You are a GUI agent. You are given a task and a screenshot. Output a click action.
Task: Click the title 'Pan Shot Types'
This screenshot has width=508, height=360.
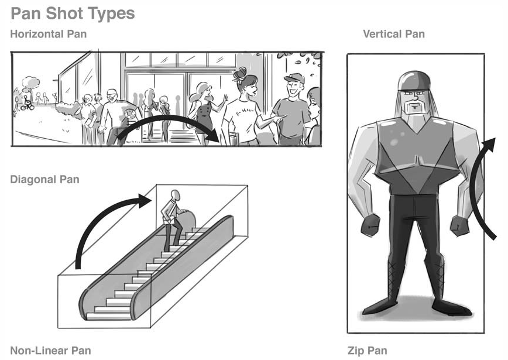(73, 13)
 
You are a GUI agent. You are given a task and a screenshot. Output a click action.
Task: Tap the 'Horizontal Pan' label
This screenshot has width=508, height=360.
(48, 34)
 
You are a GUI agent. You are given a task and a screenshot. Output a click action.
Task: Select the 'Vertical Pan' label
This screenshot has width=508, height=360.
(393, 34)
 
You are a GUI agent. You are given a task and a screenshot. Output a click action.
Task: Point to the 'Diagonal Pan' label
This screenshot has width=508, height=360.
(44, 179)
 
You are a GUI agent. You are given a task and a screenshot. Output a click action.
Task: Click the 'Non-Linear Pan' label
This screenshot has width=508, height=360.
(50, 351)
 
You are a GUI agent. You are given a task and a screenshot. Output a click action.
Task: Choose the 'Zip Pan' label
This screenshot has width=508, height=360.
(367, 351)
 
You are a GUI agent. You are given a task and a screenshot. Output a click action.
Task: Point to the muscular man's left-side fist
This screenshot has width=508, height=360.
(370, 225)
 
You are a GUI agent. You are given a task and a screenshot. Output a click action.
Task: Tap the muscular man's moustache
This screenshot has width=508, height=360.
(415, 107)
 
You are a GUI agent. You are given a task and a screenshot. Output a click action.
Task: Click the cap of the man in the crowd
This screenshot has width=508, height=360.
(294, 78)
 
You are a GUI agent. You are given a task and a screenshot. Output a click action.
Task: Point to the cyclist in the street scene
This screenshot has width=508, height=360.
(26, 103)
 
